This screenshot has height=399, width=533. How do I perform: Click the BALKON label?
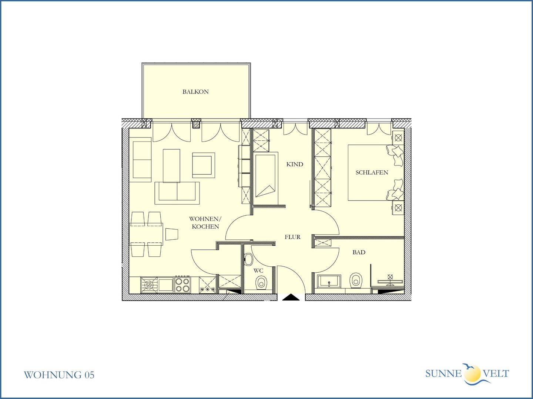point(195,92)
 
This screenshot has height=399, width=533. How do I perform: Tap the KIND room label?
point(295,164)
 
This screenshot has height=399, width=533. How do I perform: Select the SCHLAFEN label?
point(372,173)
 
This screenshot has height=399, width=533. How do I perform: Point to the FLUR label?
point(293,237)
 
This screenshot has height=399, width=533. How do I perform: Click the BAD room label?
point(359,252)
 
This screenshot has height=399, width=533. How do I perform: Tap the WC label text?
point(258,270)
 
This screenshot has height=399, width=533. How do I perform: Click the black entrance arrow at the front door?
point(291,297)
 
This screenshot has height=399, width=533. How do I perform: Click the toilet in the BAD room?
point(356,280)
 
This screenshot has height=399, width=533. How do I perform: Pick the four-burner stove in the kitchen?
point(182,285)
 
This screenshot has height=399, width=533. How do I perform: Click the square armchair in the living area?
point(204,166)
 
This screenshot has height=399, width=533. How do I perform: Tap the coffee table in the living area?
point(171,166)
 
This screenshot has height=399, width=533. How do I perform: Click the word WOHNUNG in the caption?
point(53,375)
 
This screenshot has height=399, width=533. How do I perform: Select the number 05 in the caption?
point(89,375)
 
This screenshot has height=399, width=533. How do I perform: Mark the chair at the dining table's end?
point(172,234)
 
